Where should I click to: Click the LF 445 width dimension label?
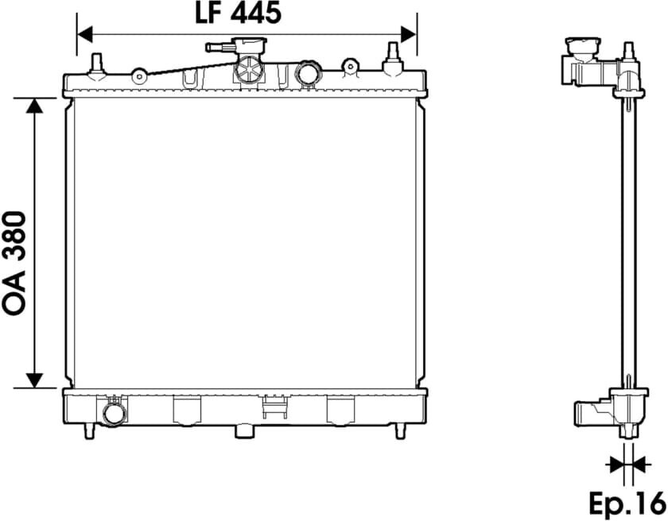click(238, 13)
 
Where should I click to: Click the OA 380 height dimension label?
click(14, 264)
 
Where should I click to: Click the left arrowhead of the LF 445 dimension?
click(85, 34)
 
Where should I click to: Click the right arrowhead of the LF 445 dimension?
click(409, 34)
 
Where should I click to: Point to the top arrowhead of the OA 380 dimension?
click(34, 106)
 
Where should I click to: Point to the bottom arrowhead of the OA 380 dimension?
click(34, 380)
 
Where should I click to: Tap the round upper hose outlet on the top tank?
click(308, 75)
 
